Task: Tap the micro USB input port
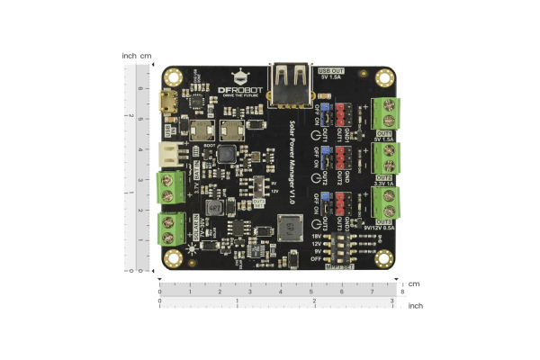[x=168, y=100]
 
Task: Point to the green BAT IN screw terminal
[x=170, y=186]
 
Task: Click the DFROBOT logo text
[x=241, y=90]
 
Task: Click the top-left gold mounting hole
[x=175, y=75]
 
